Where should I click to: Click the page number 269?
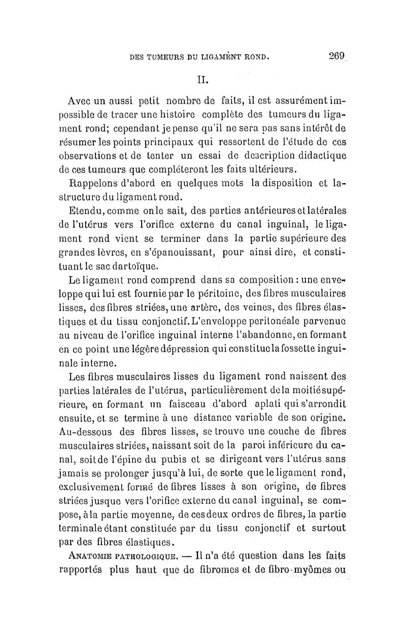pyautogui.click(x=336, y=57)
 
